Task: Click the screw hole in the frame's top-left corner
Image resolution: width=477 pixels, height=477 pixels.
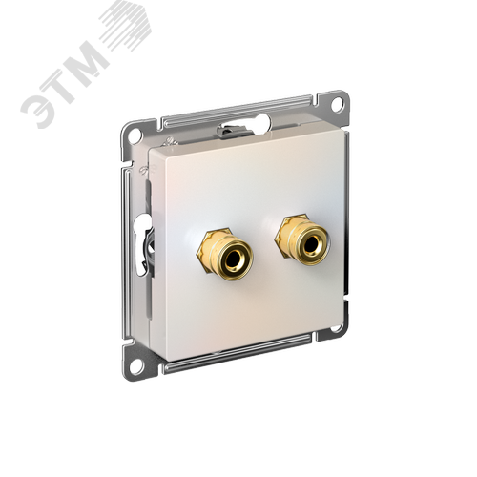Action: pos(135,134)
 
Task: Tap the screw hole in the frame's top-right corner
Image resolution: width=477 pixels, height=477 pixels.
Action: pos(338,103)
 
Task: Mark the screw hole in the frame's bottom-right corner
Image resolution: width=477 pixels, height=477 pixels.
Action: pos(336,329)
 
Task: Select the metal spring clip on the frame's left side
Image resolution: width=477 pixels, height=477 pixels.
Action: pos(145,251)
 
